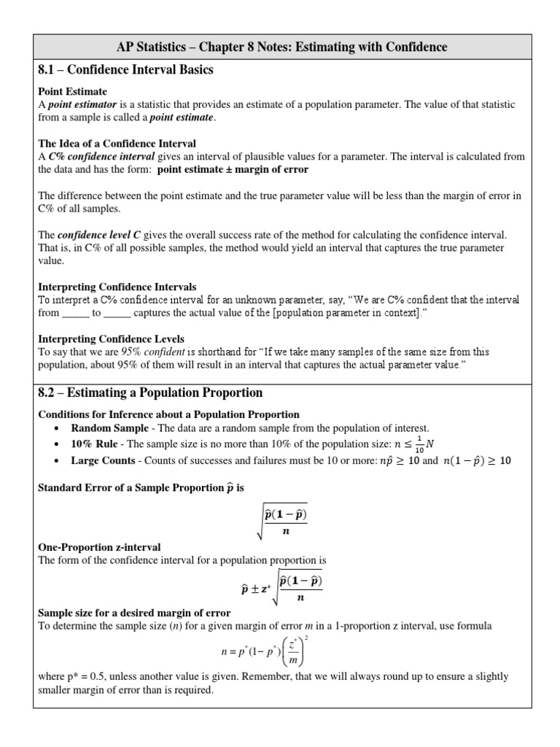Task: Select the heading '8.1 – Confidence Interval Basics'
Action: (125, 70)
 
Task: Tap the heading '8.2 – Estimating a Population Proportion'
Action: (149, 392)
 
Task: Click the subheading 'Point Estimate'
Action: (72, 92)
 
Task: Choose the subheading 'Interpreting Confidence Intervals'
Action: (117, 287)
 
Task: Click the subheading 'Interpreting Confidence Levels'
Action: (111, 338)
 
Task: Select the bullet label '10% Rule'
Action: (93, 444)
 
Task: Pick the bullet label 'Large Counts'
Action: (103, 461)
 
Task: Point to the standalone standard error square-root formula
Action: (280, 522)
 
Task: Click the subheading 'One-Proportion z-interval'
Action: (99, 547)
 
